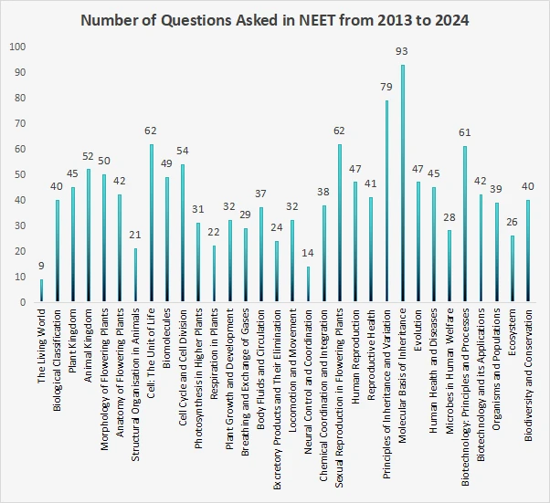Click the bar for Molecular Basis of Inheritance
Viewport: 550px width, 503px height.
[403, 183]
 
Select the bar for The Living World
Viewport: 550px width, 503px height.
[41, 290]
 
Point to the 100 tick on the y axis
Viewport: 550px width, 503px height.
[18, 47]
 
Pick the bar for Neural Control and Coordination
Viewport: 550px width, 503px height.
[309, 284]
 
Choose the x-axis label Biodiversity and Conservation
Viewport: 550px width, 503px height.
[529, 374]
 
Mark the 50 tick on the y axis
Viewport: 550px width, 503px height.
[20, 174]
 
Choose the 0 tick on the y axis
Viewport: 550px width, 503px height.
[24, 302]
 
